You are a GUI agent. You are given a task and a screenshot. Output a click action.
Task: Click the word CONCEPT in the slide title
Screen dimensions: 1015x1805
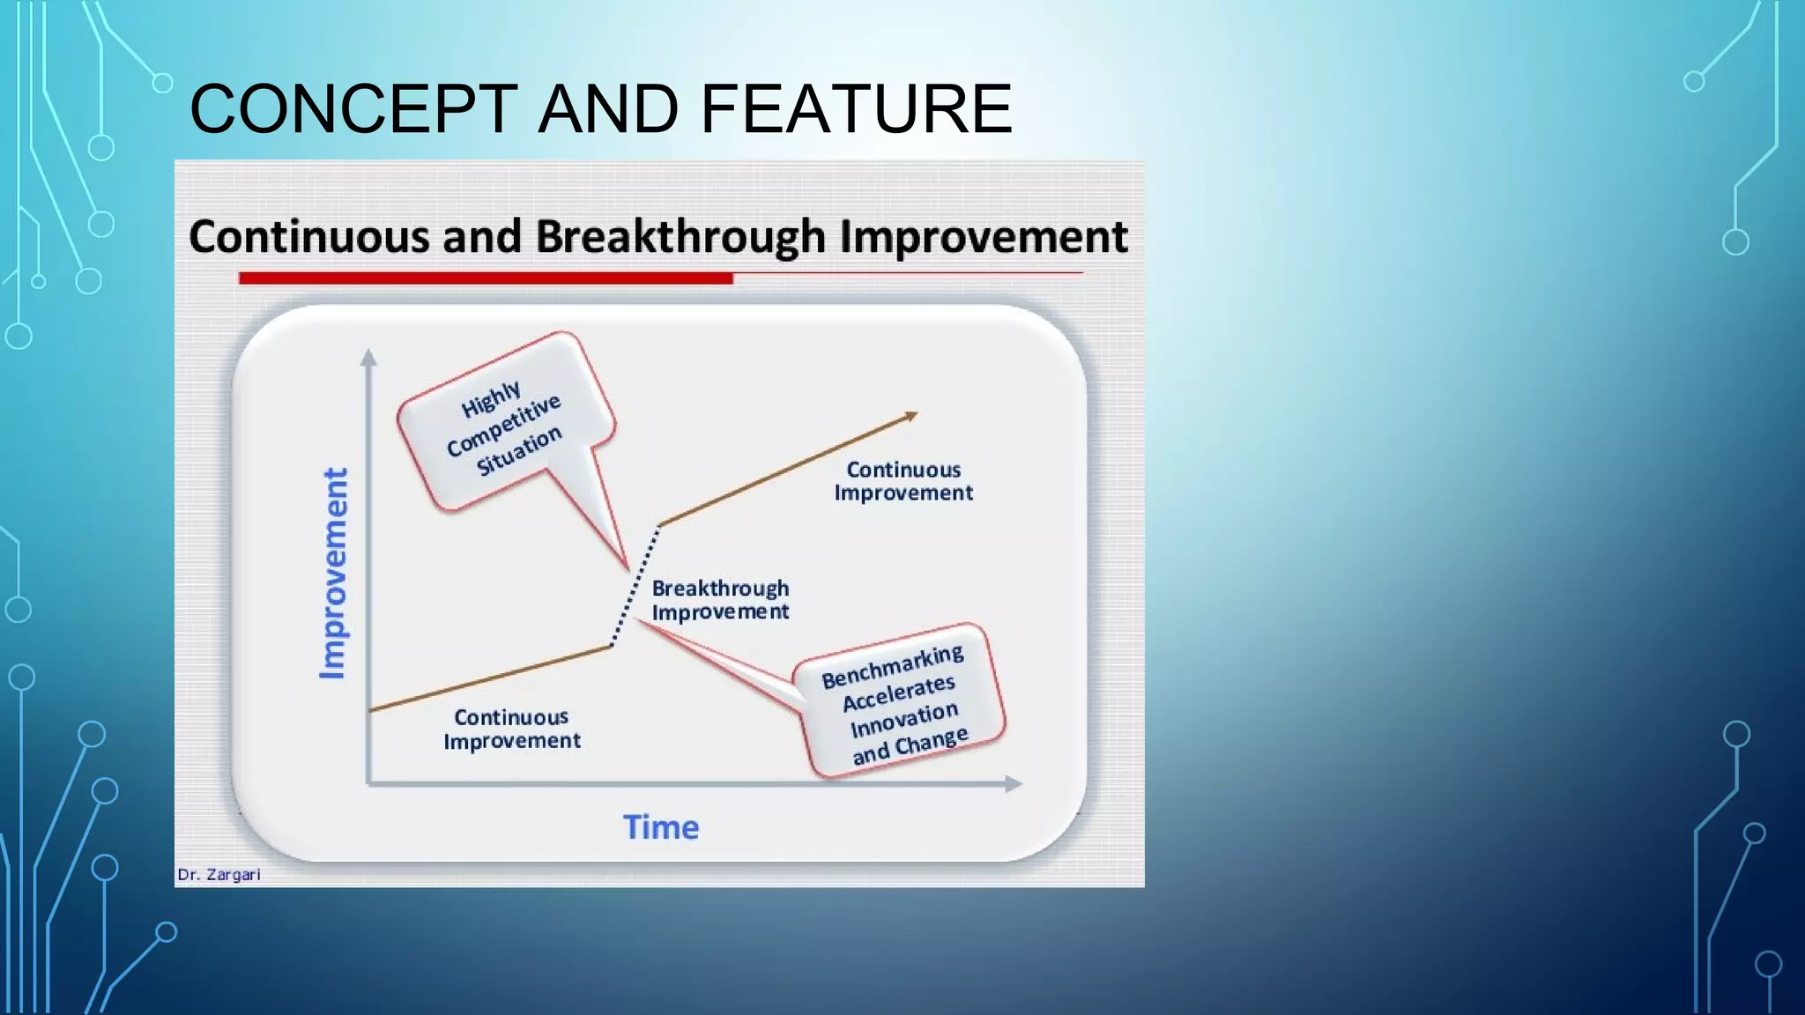(353, 108)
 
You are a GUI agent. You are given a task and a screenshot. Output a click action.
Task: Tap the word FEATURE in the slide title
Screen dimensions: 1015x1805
(856, 108)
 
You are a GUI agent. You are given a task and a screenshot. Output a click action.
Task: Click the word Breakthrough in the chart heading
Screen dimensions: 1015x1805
(680, 237)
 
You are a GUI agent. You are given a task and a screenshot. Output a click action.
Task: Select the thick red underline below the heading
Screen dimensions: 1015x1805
(485, 278)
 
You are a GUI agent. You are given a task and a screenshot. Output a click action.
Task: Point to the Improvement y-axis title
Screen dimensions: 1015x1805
(333, 573)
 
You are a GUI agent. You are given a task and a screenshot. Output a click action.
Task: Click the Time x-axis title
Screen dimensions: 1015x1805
(661, 827)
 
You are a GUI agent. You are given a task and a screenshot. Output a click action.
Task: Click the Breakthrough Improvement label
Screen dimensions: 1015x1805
(720, 600)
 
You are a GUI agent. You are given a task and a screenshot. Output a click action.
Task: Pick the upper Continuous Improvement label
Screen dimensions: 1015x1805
(903, 481)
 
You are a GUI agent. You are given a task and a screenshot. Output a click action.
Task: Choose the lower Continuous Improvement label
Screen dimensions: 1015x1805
(512, 729)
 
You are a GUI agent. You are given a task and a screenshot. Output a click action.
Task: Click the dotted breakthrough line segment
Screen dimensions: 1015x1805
(635, 586)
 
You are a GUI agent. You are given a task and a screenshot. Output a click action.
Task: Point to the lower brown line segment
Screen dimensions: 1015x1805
(490, 678)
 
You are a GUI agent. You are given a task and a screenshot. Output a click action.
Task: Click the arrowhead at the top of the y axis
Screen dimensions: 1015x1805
(368, 357)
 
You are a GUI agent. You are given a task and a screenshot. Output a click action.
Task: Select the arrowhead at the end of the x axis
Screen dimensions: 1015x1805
(1014, 783)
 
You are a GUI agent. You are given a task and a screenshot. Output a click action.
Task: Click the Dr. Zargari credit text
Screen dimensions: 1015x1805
(219, 875)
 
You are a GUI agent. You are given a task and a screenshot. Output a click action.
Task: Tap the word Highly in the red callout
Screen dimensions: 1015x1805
(491, 400)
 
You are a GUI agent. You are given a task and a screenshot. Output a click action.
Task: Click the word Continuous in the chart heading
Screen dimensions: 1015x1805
(309, 237)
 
